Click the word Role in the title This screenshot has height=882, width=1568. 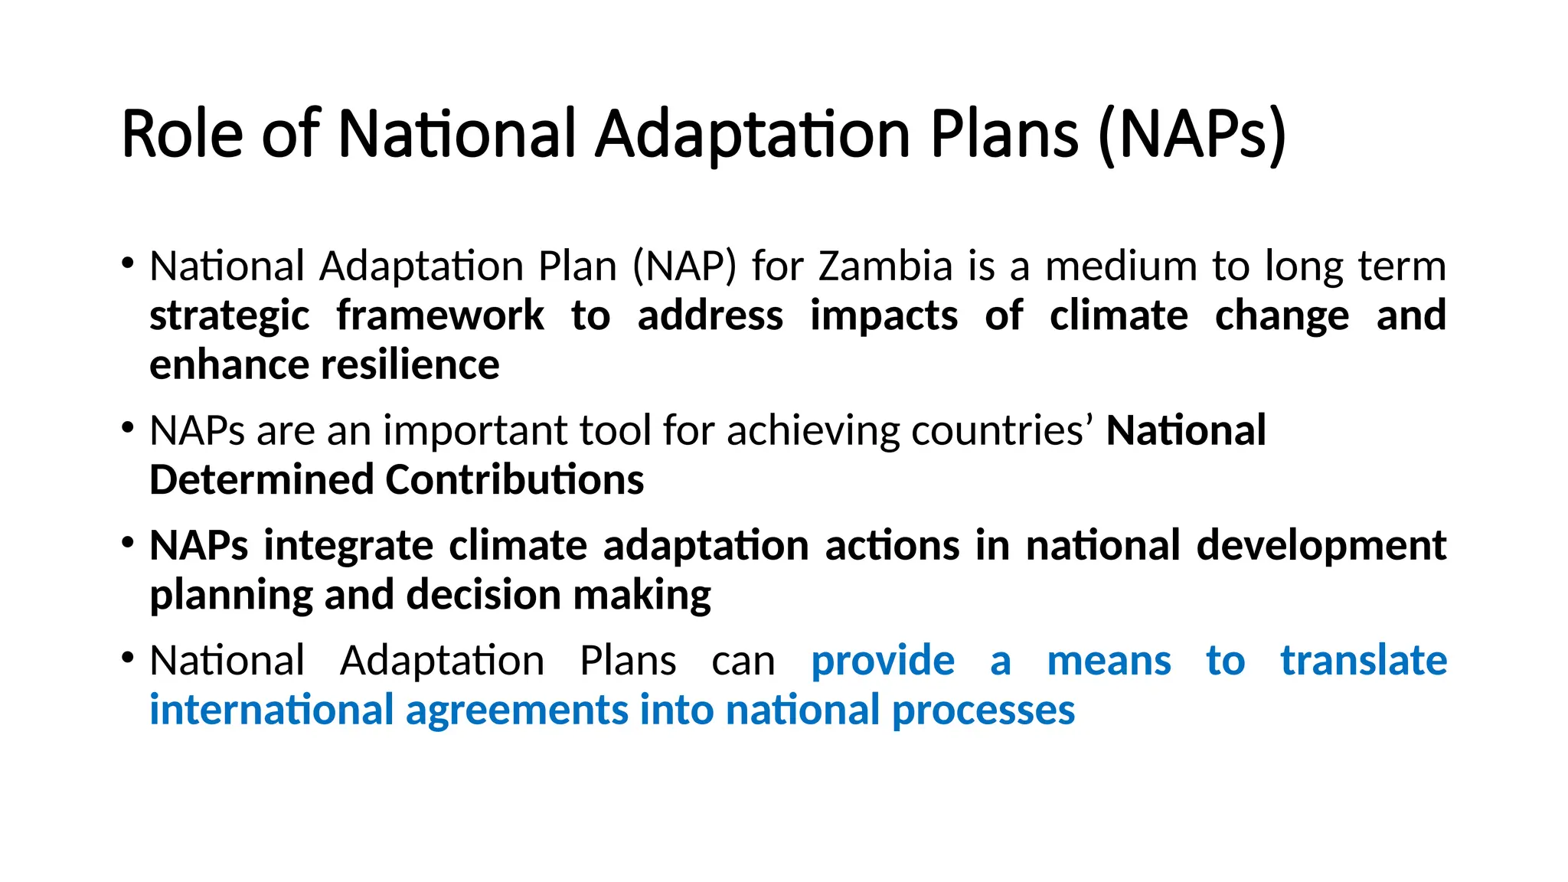pos(182,135)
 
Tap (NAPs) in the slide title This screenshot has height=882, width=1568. pos(1191,135)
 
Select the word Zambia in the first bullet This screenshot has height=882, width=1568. pos(885,266)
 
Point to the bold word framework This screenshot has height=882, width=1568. pos(440,315)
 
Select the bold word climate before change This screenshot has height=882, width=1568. pos(1119,315)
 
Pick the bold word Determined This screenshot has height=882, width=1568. pos(260,480)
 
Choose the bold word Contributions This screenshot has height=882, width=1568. pos(514,480)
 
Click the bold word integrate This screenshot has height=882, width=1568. pos(348,546)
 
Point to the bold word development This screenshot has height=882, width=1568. pos(1321,546)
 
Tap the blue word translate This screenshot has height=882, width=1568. pos(1363,661)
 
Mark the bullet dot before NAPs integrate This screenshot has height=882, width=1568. pos(128,543)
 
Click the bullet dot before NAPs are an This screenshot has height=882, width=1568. pos(128,427)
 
